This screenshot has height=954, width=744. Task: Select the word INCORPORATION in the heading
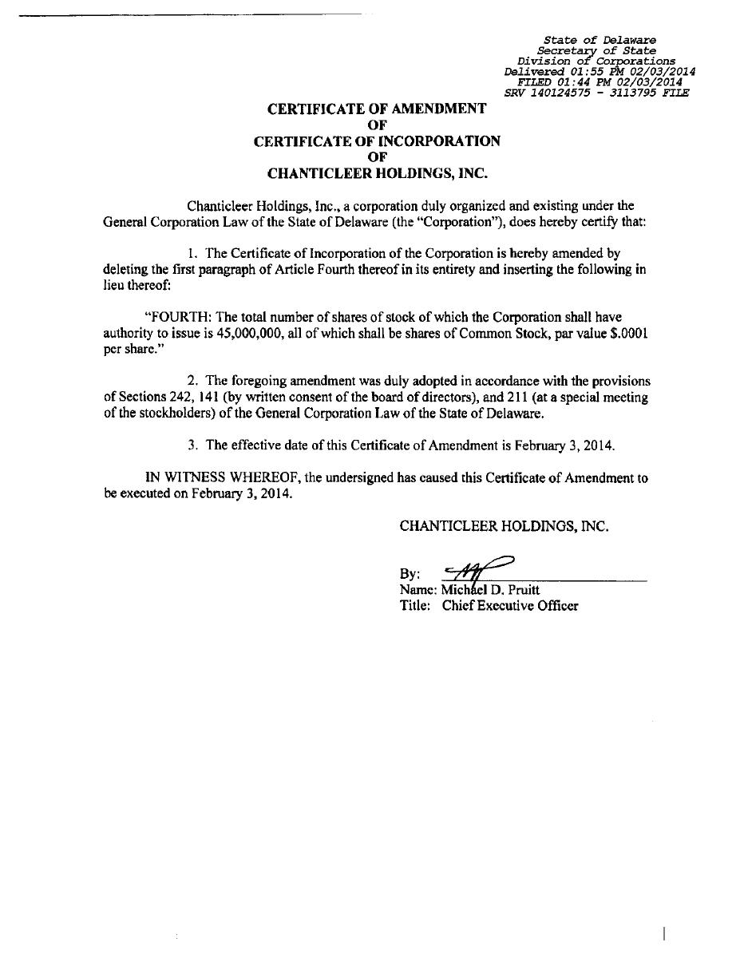[x=439, y=141]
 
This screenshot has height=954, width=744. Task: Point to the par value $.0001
[x=628, y=334]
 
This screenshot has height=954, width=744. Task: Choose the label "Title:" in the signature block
[x=415, y=606]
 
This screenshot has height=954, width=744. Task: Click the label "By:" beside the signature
[x=410, y=574]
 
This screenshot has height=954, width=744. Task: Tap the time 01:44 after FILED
[x=576, y=81]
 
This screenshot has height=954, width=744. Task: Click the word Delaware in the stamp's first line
[x=630, y=40]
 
